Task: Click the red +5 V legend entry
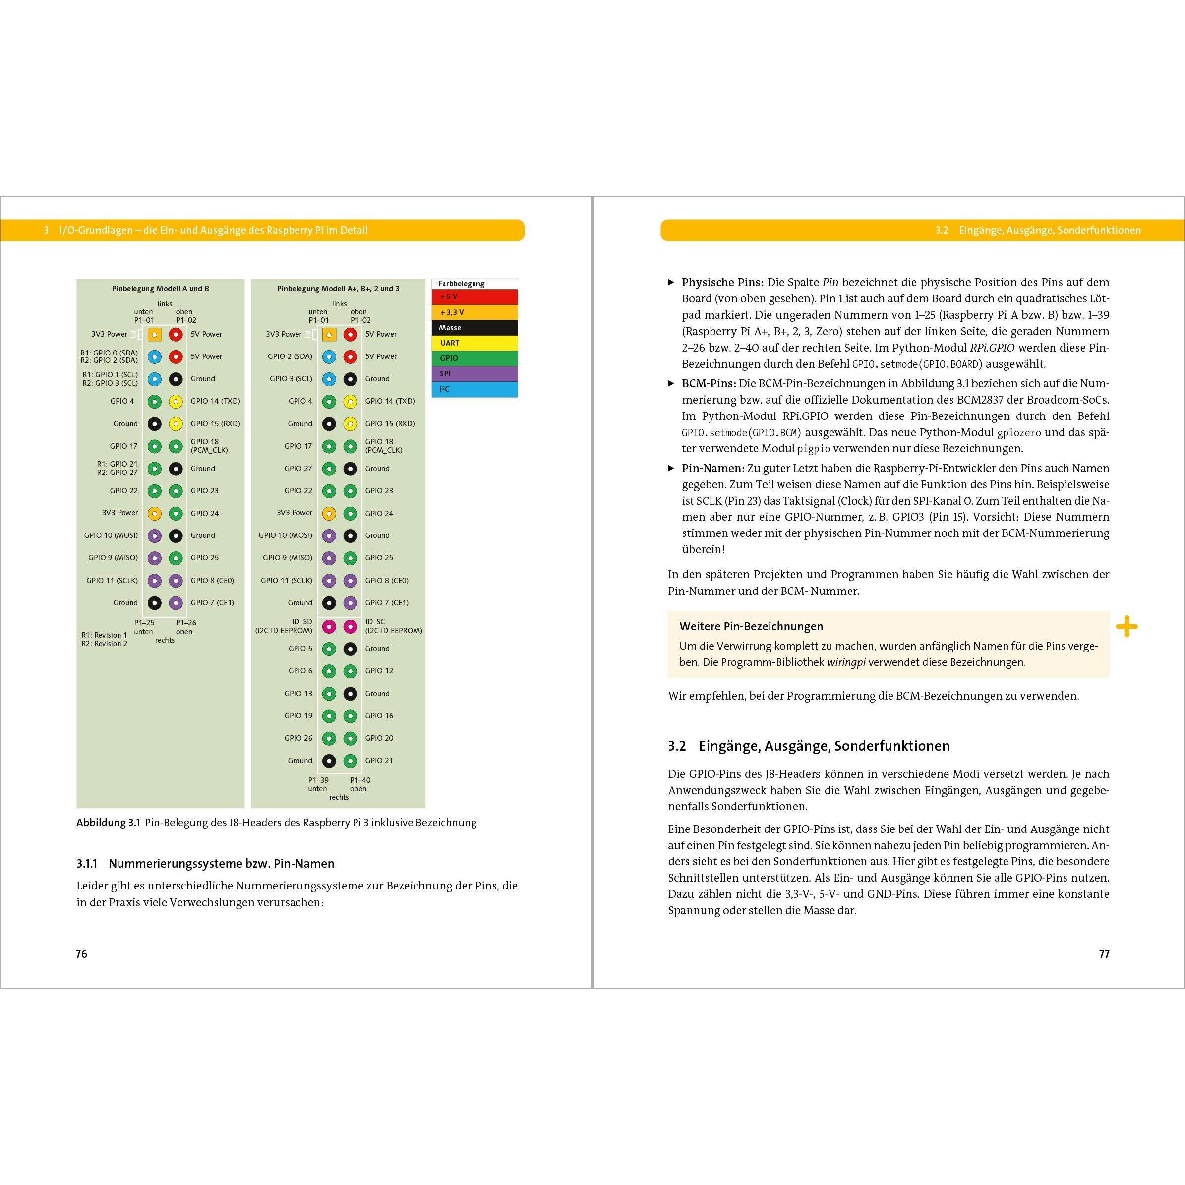point(474,297)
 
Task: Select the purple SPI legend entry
point(474,373)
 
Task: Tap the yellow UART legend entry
point(474,343)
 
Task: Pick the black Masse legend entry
point(474,328)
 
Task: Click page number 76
point(82,954)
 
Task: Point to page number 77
point(1104,954)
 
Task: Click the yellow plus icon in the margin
point(1126,627)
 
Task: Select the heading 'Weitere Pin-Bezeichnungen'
point(751,626)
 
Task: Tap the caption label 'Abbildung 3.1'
point(109,823)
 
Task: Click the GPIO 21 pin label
point(379,761)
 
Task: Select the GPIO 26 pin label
point(298,738)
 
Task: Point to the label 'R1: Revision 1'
point(104,635)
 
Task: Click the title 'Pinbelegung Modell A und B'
point(160,288)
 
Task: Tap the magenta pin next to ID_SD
point(329,626)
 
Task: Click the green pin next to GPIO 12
point(350,671)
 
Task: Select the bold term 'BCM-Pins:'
point(709,383)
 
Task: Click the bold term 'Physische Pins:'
point(722,282)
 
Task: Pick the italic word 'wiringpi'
point(846,662)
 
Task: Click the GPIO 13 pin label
point(298,693)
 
